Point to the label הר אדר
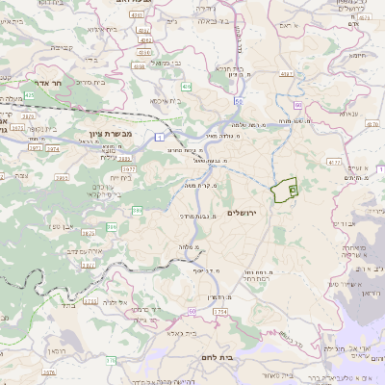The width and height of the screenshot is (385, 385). point(46,83)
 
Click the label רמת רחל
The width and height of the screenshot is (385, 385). point(254,280)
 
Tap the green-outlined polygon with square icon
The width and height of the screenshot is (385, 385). point(284,192)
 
